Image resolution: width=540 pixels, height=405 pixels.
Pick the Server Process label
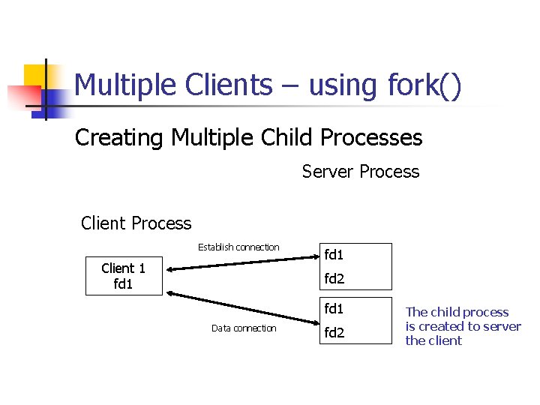361,172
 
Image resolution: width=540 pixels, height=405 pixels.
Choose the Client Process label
136,223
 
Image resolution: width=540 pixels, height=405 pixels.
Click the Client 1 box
124,276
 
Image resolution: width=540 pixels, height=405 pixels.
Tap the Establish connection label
238,247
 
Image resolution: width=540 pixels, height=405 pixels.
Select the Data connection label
244,328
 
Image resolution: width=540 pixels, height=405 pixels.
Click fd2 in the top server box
334,279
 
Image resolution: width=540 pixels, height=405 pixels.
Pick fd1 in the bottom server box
334,308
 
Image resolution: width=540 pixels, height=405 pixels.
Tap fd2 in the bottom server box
334,332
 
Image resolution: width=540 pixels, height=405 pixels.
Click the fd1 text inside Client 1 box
123,283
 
